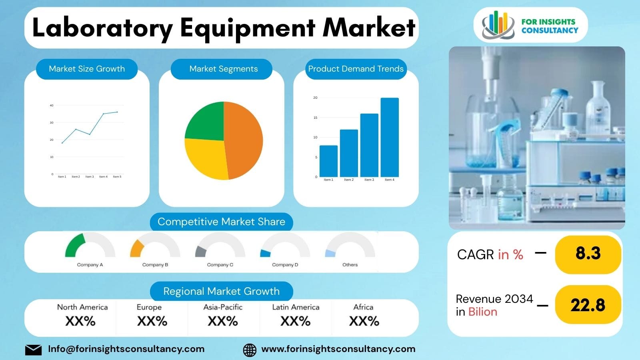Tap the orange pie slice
pos(244,140)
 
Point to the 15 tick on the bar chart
pos(315,118)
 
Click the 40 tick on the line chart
pos(52,106)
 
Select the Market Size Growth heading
pos(87,69)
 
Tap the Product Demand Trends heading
pos(356,69)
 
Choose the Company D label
pos(285,265)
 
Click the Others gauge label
pos(350,265)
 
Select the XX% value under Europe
pos(152,321)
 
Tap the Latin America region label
pos(296,307)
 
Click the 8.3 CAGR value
pos(588,254)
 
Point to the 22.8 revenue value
pos(588,305)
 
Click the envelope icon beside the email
pos(33,350)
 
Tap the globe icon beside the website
pos(250,350)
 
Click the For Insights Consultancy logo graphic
pos(498,25)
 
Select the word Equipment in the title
pos(248,28)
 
